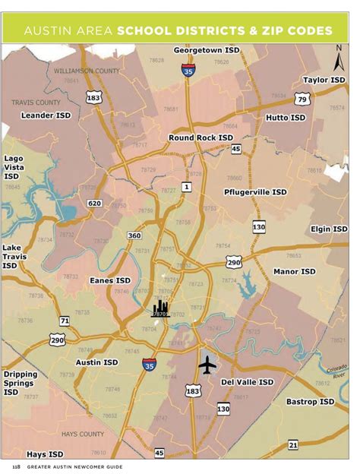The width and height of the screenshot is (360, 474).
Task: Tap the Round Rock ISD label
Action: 201,137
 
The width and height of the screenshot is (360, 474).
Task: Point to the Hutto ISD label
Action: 286,118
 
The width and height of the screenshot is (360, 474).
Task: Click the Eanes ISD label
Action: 110,280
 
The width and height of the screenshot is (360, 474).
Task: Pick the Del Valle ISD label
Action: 247,382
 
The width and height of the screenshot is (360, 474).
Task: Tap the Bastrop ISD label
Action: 310,401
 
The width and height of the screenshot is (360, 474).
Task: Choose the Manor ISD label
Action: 295,271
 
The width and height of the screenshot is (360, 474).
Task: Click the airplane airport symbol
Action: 207,365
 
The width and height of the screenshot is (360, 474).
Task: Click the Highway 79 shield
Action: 302,100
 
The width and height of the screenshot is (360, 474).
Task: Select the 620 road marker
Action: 95,204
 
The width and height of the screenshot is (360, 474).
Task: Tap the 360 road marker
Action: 134,235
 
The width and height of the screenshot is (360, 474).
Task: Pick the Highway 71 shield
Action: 65,321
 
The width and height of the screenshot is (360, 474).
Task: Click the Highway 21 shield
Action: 293,444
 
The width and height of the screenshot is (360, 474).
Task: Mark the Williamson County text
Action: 87,71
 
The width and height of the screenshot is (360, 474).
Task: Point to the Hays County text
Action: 83,434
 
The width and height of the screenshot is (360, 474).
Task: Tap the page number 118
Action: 15,465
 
